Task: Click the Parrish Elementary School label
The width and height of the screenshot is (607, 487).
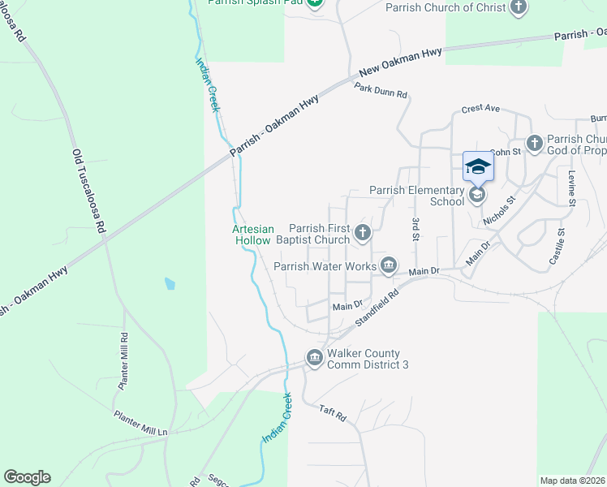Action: [417, 196]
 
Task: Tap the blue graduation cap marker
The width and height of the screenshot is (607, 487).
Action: [478, 166]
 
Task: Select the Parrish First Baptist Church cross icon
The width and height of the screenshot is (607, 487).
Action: [363, 234]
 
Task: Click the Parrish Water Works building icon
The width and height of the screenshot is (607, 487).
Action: [389, 265]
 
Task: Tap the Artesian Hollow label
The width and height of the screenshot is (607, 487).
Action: [254, 235]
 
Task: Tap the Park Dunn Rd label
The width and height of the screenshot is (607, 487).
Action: [380, 93]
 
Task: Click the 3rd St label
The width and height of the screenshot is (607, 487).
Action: [415, 230]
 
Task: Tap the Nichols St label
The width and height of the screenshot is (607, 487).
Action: [499, 210]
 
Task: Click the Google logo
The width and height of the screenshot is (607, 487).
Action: [27, 477]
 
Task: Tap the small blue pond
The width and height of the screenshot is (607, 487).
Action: [169, 284]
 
